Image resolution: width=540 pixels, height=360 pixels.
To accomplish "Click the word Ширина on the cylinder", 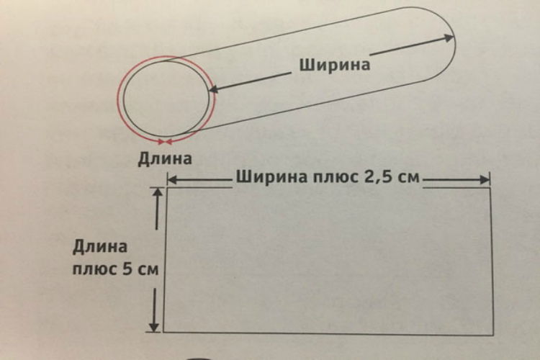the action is [x=335, y=65].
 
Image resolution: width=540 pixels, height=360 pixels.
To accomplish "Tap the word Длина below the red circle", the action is [x=165, y=159].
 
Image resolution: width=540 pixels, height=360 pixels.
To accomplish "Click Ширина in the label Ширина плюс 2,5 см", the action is [x=271, y=177].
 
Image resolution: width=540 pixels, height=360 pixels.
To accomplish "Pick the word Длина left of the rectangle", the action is [x=100, y=248].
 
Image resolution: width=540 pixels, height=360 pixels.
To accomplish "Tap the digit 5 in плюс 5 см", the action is [x=127, y=269].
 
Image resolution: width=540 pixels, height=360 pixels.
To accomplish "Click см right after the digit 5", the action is [x=148, y=270].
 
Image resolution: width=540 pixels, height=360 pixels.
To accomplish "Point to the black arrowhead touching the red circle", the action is [x=215, y=89].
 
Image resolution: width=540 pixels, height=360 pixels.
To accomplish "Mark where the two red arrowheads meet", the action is [x=165, y=142].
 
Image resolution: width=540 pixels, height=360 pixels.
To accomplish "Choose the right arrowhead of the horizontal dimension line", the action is [x=485, y=179].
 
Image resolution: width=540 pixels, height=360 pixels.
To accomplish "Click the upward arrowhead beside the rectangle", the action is [x=158, y=192].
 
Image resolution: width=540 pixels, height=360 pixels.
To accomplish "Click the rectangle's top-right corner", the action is [x=490, y=188].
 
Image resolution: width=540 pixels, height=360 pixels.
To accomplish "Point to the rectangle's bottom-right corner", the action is [x=494, y=335].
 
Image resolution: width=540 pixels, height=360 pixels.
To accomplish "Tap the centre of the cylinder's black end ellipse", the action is [x=166, y=99].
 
